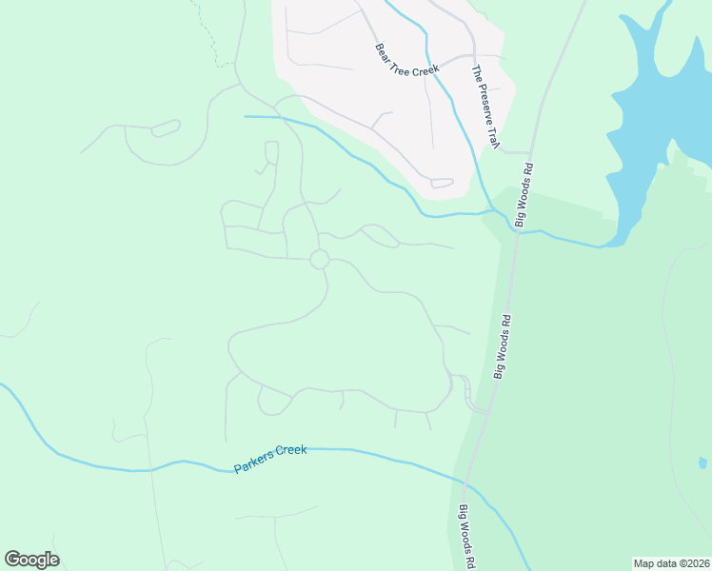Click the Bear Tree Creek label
406,59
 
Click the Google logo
31,560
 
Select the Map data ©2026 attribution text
671,563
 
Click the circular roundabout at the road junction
320,259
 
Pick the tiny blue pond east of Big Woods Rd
702,463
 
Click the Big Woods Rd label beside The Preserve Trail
524,194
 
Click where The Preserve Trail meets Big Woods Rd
529,151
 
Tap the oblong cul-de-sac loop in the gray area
442,183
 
